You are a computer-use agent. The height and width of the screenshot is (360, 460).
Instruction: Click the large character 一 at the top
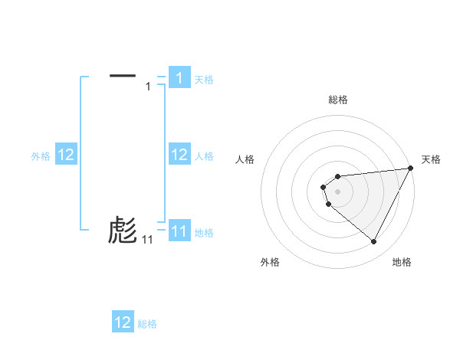click(123, 75)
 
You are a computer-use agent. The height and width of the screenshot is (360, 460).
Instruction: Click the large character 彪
click(123, 230)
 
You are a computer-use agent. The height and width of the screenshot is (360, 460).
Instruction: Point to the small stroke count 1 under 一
click(148, 87)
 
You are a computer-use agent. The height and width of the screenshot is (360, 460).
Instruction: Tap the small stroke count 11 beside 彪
click(147, 240)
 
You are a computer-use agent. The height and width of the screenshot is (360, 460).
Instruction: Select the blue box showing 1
click(179, 78)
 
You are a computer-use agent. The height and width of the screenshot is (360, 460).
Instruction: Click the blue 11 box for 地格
click(179, 231)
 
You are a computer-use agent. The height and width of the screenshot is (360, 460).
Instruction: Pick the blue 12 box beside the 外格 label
click(66, 155)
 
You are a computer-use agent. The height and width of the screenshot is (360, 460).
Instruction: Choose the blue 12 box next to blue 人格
click(179, 155)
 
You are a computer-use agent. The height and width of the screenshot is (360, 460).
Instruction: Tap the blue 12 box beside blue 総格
click(123, 322)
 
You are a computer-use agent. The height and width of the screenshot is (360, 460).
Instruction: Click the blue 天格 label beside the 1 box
click(204, 79)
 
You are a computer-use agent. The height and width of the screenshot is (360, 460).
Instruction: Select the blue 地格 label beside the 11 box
click(204, 232)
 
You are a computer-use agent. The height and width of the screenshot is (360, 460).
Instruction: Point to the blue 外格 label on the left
click(41, 156)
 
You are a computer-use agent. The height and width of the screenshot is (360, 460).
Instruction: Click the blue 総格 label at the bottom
click(147, 324)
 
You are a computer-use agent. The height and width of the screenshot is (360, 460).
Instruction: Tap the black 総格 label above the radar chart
click(338, 100)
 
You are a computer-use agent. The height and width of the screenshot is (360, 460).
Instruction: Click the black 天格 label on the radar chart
click(431, 159)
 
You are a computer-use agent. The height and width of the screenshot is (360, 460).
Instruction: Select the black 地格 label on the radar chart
click(402, 262)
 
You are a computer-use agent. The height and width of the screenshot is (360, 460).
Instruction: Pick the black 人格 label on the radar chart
click(245, 159)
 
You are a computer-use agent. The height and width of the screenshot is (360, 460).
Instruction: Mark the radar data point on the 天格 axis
click(410, 168)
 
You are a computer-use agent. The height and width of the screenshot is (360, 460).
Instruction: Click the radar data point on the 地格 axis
click(374, 242)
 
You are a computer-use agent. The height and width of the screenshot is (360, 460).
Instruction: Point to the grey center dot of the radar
click(338, 191)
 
